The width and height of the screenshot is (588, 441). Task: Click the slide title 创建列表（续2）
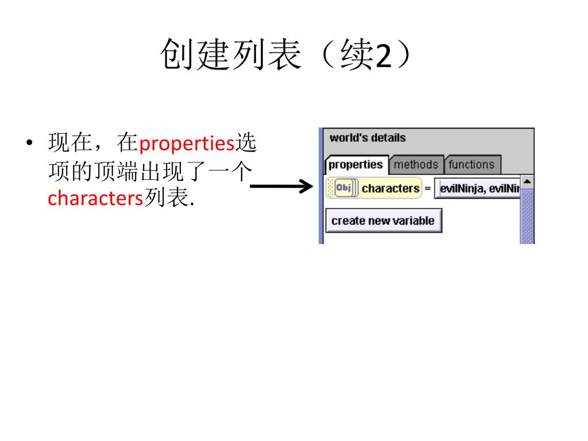click(285, 55)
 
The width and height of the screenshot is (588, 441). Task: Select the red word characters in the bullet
click(95, 198)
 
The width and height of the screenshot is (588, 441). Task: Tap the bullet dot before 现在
click(29, 143)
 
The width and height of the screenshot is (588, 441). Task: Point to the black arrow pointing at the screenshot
click(281, 187)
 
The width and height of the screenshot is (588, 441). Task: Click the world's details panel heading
click(367, 138)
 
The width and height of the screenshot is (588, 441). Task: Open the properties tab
click(355, 165)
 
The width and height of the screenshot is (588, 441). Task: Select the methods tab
click(416, 165)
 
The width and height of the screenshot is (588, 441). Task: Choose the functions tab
click(471, 165)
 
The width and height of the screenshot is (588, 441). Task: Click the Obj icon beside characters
click(343, 188)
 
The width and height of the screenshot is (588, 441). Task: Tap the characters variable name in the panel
click(390, 188)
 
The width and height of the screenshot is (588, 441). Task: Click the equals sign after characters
click(427, 188)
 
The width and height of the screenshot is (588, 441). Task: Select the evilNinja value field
click(478, 188)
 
